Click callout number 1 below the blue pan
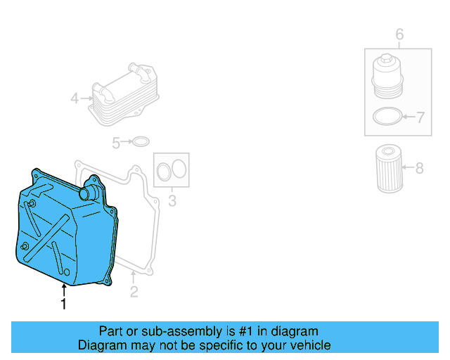coord(64,304)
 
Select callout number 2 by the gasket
coord(134,291)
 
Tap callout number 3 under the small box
coord(172,202)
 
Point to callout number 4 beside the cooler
coord(75,98)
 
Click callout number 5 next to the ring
coord(116,143)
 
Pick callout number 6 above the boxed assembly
coord(399,34)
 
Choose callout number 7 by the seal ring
coord(420,117)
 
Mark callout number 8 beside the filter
coord(420,168)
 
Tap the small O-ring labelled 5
coord(141,143)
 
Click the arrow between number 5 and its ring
coord(127,143)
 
